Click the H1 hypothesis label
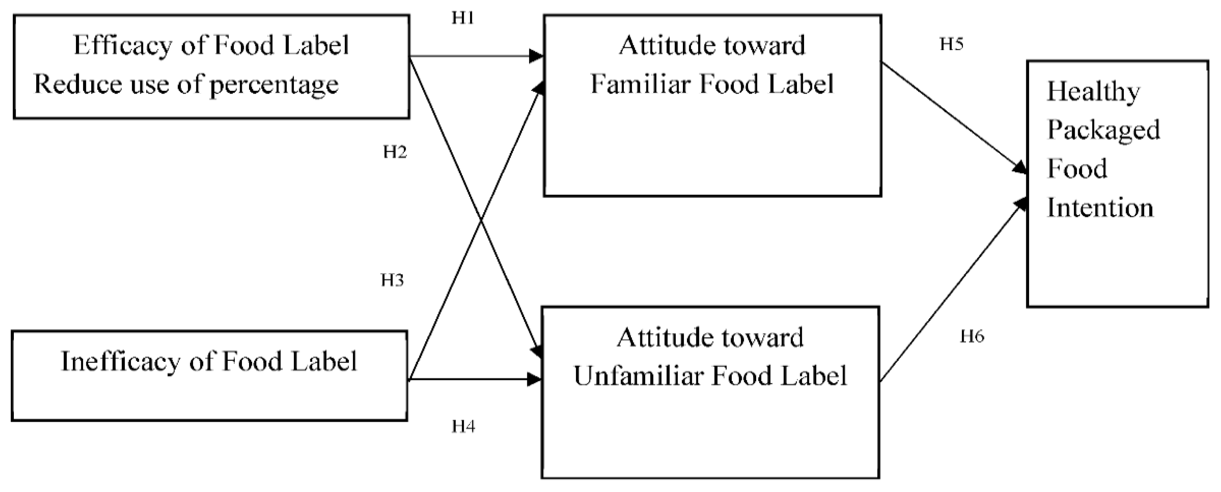[463, 18]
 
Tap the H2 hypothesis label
[395, 152]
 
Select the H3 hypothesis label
[392, 280]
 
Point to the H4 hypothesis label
[463, 427]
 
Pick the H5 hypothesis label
[952, 44]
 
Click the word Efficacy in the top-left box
[123, 46]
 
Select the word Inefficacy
[120, 362]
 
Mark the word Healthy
[1093, 92]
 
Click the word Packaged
[1103, 130]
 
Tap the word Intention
[1100, 208]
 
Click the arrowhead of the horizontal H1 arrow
[537, 56]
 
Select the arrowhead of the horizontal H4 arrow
[535, 379]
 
